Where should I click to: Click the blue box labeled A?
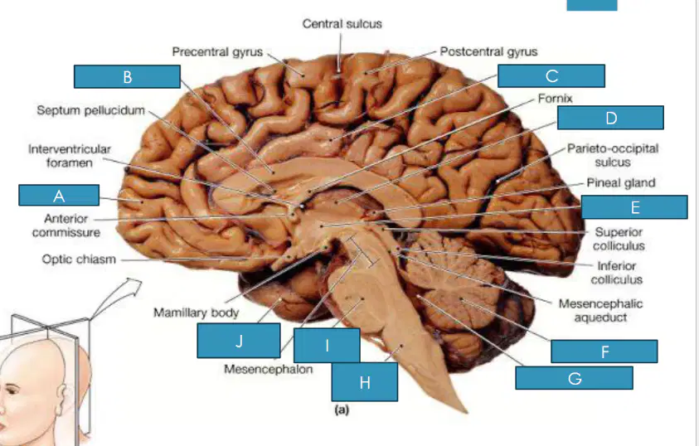pos(59,195)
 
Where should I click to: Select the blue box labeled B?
pos(127,76)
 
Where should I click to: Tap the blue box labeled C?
pos(551,75)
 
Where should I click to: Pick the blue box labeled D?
pos(611,118)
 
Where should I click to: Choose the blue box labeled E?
pos(634,207)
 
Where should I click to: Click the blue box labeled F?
pos(604,351)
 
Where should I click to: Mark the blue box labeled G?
pos(574,378)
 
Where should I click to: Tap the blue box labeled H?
pos(365,382)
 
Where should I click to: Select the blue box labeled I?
pos(327,346)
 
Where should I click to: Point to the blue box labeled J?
pos(239,341)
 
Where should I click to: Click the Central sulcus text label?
pos(342,23)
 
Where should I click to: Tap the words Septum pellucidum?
pos(91,110)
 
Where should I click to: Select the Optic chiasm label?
pos(79,259)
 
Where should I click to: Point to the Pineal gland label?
pos(620,182)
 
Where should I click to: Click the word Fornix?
pos(555,99)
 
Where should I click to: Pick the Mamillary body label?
pos(197,313)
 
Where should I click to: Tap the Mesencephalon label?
pos(268,370)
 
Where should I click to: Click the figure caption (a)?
pos(342,410)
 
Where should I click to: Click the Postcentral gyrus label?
pos(488,51)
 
